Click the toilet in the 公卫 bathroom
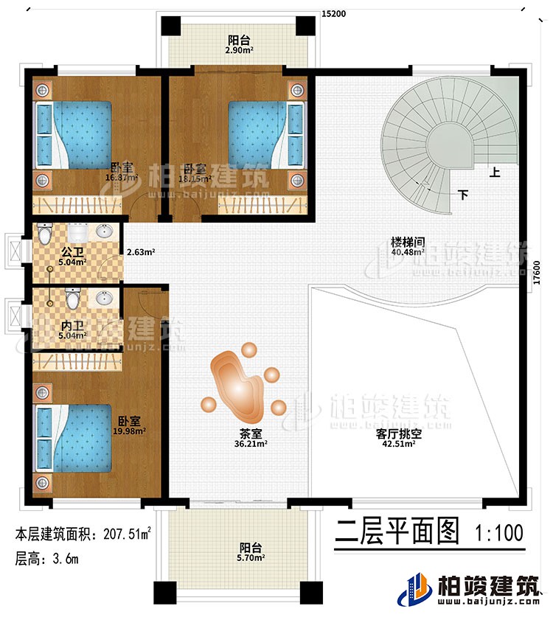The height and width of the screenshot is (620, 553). point(45,234)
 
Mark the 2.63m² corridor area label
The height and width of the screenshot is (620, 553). point(140,251)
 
